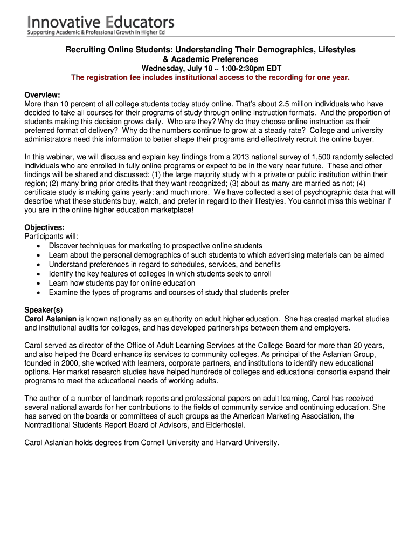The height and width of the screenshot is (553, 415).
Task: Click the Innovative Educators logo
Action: [101, 25]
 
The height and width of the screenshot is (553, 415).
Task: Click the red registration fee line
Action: [210, 78]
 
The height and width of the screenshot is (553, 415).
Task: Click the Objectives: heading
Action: [45, 227]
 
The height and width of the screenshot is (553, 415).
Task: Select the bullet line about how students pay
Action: [122, 283]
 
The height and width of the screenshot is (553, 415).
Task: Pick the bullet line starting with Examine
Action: [169, 293]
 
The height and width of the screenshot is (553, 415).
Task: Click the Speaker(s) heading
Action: [44, 310]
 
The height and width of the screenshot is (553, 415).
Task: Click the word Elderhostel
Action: [225, 425]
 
